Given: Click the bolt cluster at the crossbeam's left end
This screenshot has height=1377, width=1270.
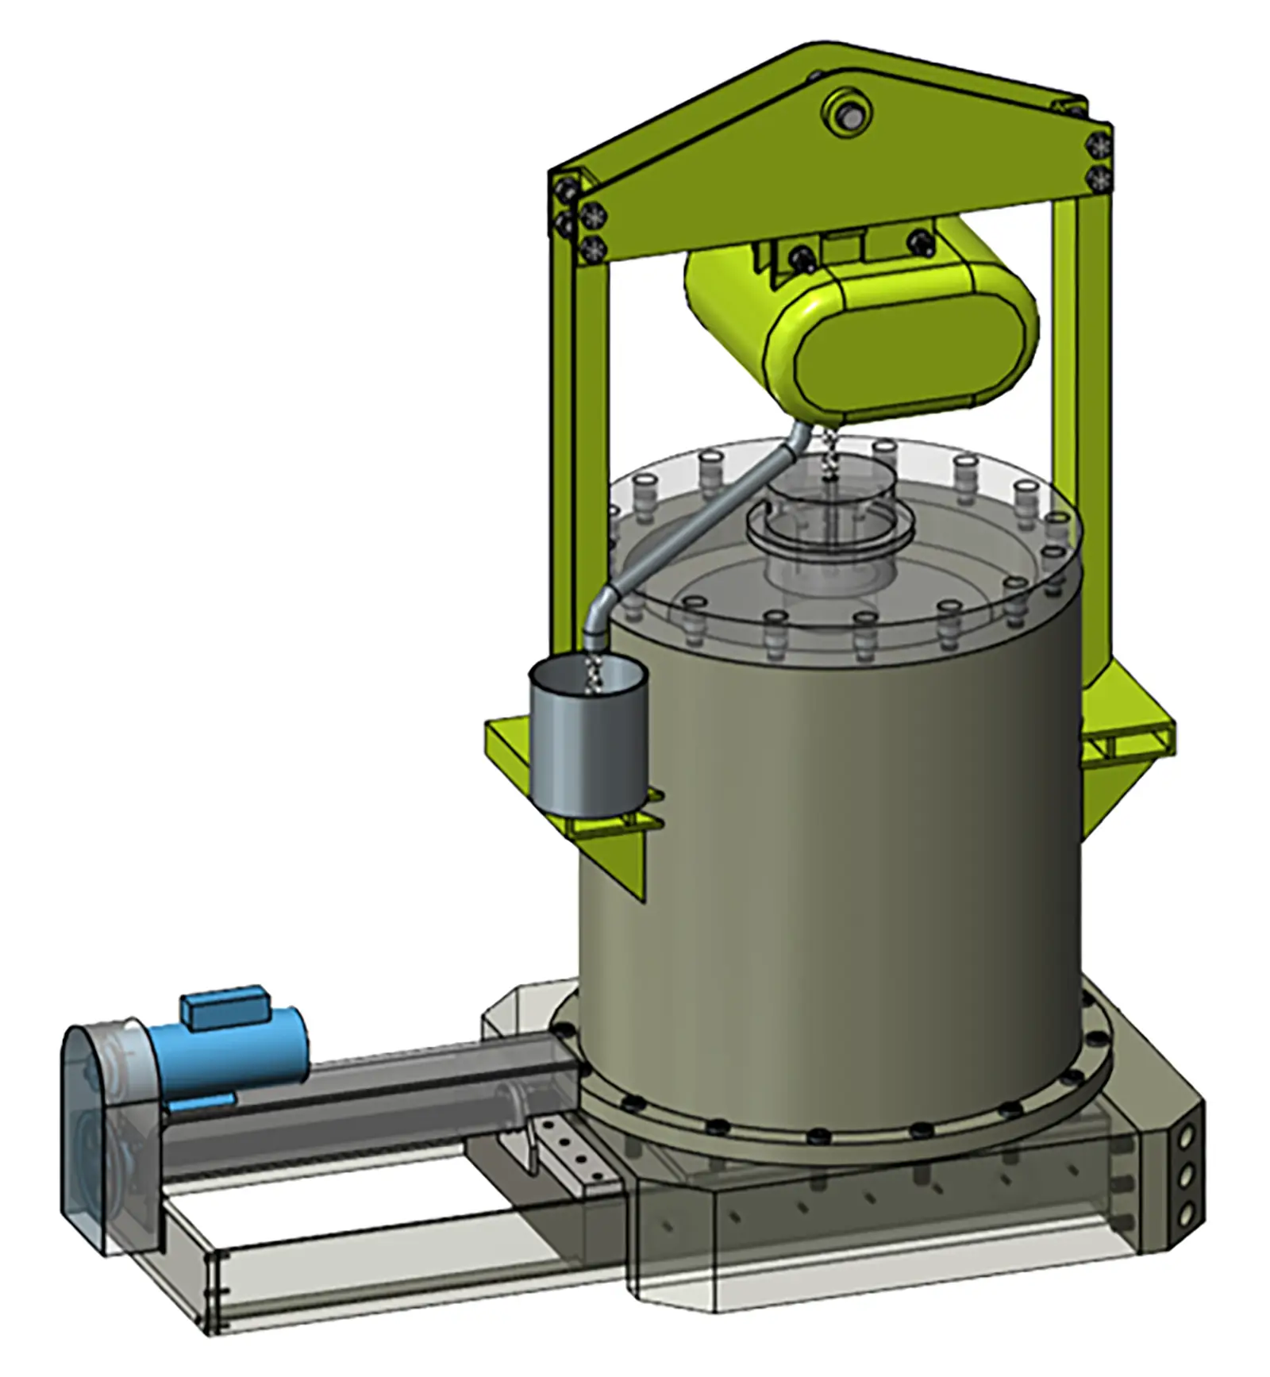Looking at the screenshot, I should (x=579, y=214).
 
